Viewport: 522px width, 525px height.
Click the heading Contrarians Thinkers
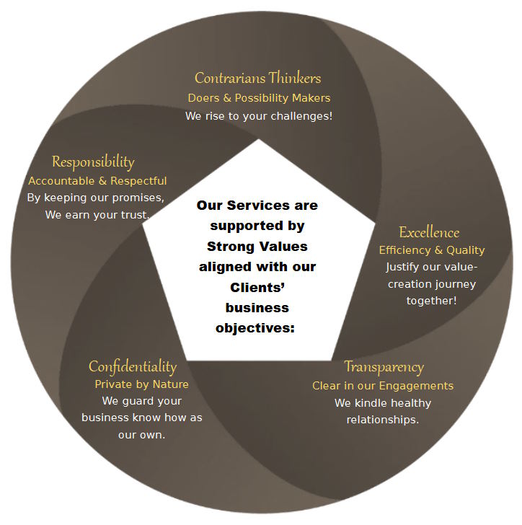(258, 78)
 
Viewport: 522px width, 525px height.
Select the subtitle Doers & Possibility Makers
(259, 97)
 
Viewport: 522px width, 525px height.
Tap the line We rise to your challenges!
(259, 115)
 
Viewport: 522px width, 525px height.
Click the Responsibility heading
(93, 162)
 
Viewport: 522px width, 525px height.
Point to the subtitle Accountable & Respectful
(97, 180)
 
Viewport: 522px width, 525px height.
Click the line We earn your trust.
(97, 214)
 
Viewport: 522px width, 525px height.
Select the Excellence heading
(429, 232)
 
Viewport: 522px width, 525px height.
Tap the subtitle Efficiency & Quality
(432, 250)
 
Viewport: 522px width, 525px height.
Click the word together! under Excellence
(431, 300)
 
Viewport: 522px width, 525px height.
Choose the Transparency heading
(384, 367)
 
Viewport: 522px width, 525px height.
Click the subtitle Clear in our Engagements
(383, 386)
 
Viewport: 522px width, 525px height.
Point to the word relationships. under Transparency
(382, 420)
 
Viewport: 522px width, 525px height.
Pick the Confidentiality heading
(133, 366)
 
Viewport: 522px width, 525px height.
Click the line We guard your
(142, 401)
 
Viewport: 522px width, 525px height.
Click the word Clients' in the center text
(257, 287)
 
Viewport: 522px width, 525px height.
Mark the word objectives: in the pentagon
(257, 328)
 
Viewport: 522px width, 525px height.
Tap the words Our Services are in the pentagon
(257, 206)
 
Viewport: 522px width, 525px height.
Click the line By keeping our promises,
(96, 197)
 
